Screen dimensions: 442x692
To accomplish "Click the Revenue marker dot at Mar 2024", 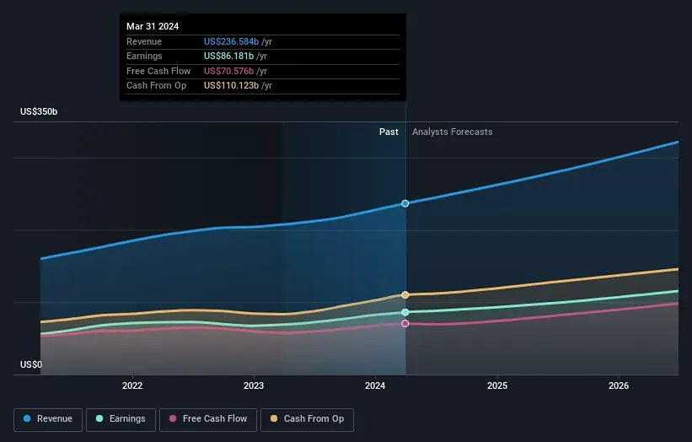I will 405,203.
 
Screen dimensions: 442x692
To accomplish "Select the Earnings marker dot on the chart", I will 405,312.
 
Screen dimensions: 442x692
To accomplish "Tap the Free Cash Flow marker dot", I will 405,323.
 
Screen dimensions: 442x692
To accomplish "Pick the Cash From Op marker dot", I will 405,294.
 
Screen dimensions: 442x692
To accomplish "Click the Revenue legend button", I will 48,418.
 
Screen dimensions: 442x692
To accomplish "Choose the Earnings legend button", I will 121,418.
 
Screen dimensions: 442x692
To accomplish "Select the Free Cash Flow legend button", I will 208,418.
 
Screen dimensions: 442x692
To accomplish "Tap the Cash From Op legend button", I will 307,418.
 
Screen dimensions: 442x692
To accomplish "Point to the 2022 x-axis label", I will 132,385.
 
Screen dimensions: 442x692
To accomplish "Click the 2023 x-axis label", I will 254,385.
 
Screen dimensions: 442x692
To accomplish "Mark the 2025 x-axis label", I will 497,385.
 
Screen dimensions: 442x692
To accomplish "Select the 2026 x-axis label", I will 619,385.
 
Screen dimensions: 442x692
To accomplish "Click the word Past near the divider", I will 389,132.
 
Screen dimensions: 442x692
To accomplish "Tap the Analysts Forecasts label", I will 452,132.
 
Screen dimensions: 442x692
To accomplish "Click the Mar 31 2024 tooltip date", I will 153,27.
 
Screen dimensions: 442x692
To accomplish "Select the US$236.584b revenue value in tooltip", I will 231,41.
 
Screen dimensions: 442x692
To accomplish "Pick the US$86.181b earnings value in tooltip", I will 228,56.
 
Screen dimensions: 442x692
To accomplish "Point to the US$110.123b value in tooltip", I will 231,85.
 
